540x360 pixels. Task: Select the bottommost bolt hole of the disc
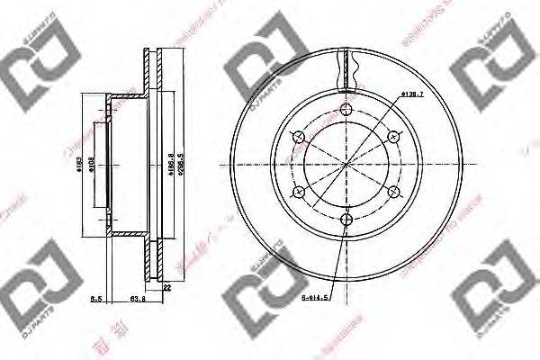tap(347, 220)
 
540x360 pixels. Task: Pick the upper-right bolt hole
tap(392, 137)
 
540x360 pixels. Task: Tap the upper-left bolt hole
tap(301, 137)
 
